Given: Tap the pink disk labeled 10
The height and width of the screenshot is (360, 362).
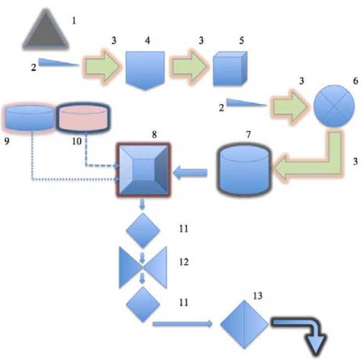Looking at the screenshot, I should tap(82, 118).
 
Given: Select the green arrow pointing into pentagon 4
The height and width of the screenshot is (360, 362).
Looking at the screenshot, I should tap(102, 67).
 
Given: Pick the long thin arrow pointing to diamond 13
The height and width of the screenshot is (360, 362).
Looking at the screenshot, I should tap(183, 324).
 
